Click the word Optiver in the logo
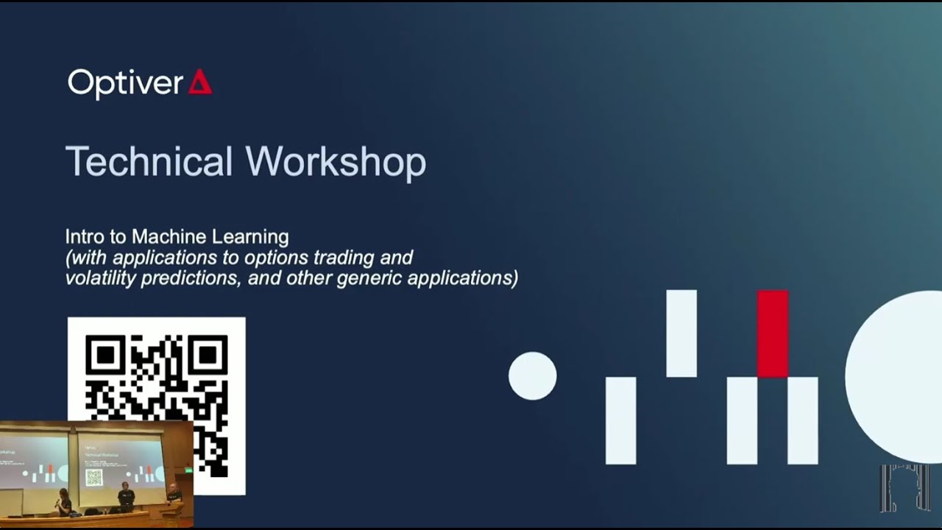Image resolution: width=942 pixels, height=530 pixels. pyautogui.click(x=125, y=83)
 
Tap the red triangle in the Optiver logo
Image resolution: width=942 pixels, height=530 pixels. pyautogui.click(x=200, y=82)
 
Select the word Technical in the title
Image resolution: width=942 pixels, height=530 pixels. pyautogui.click(x=149, y=161)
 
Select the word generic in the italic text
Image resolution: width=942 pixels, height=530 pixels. pyautogui.click(x=372, y=278)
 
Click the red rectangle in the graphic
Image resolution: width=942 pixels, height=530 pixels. pyautogui.click(x=773, y=333)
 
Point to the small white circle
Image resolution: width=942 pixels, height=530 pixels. pyautogui.click(x=533, y=376)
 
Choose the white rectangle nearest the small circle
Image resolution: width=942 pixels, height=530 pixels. pyautogui.click(x=620, y=420)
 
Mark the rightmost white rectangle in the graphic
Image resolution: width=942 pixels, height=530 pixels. pyautogui.click(x=803, y=420)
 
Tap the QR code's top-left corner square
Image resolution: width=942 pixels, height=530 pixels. pyautogui.click(x=105, y=355)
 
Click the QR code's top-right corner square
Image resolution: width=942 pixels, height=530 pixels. pyautogui.click(x=208, y=355)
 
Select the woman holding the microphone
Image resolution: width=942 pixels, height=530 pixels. pyautogui.click(x=64, y=502)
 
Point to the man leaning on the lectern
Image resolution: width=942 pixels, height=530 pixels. pyautogui.click(x=173, y=494)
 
